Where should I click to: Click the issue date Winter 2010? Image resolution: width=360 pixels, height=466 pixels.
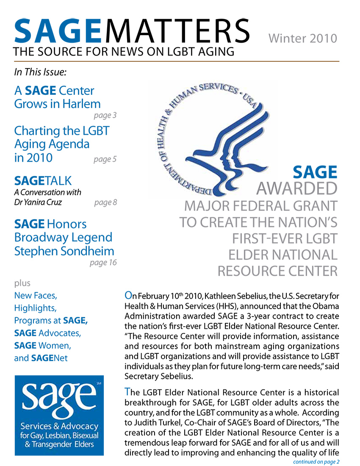point(303,39)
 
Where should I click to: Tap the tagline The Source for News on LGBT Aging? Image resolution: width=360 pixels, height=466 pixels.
point(124,52)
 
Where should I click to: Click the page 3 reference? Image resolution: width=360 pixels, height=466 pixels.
point(105,115)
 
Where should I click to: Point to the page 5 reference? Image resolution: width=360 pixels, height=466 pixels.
point(105,159)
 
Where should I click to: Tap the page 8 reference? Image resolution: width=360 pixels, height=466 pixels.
point(105,202)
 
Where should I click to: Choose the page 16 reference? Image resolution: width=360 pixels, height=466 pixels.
point(103,263)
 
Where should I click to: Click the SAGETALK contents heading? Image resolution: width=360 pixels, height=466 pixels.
point(43,181)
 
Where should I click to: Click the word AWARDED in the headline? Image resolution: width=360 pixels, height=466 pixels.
point(297,188)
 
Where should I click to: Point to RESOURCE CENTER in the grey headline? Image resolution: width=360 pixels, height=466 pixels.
point(277,271)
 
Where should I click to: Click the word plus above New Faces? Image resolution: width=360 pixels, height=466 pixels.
point(22,283)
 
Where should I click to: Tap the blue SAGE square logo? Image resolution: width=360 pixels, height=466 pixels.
point(59,415)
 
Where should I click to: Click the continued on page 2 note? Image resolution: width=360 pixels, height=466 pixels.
point(316,461)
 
